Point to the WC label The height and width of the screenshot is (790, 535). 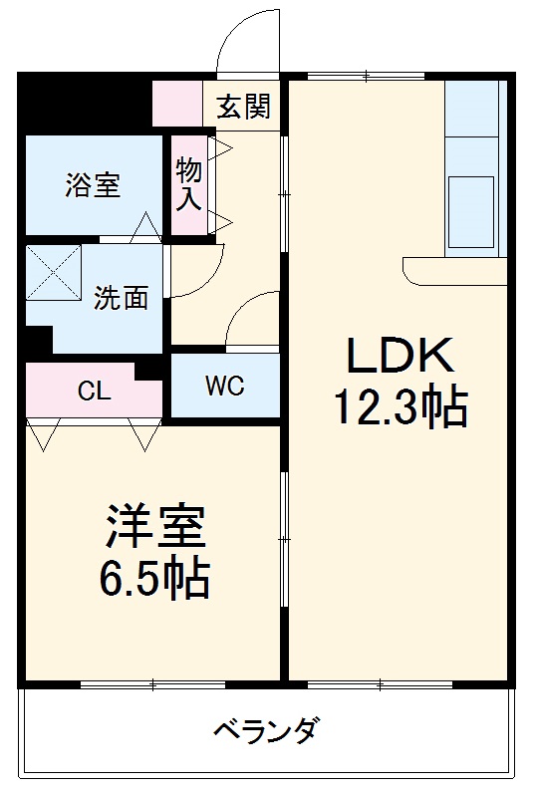224,387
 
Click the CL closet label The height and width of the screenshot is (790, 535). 95,391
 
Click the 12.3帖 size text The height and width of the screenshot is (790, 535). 400,406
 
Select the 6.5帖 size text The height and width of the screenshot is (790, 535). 154,578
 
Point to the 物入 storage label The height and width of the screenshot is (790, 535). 189,183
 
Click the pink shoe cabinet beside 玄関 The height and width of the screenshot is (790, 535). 177,105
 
